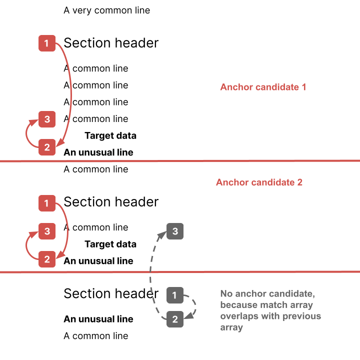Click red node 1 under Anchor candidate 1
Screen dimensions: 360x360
[x=47, y=43]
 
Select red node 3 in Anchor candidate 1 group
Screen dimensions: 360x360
[x=47, y=119]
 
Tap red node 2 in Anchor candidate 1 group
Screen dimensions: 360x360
[x=47, y=147]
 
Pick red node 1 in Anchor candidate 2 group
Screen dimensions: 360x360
[x=47, y=203]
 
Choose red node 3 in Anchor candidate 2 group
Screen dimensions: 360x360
[x=47, y=231]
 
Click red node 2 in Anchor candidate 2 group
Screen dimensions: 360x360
[x=47, y=259]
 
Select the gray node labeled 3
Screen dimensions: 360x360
[x=175, y=231]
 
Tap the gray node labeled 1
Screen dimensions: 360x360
[x=174, y=295]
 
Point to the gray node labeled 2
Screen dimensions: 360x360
[x=175, y=319]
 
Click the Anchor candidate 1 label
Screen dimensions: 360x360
[x=263, y=87]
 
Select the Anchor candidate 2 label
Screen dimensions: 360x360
[x=259, y=182]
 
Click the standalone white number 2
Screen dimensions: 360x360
[x=131, y=336]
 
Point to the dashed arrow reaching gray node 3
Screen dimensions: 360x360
[x=150, y=275]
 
